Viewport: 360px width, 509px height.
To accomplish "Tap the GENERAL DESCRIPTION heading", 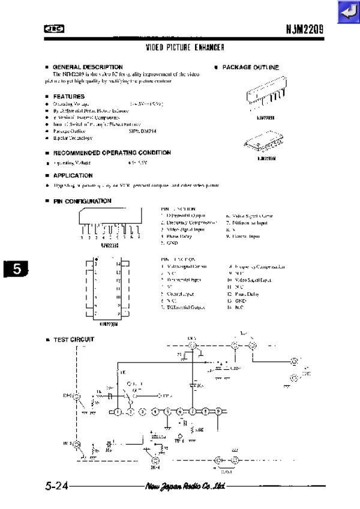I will [88, 67].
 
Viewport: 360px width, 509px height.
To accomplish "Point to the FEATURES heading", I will [68, 96].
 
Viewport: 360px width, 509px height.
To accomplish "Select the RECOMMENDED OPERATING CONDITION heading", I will [112, 153].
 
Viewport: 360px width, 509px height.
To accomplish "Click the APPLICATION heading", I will [73, 176].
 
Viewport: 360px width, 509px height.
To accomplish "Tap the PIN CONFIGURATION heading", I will [82, 201].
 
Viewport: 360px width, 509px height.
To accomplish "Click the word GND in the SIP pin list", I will [172, 244].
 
